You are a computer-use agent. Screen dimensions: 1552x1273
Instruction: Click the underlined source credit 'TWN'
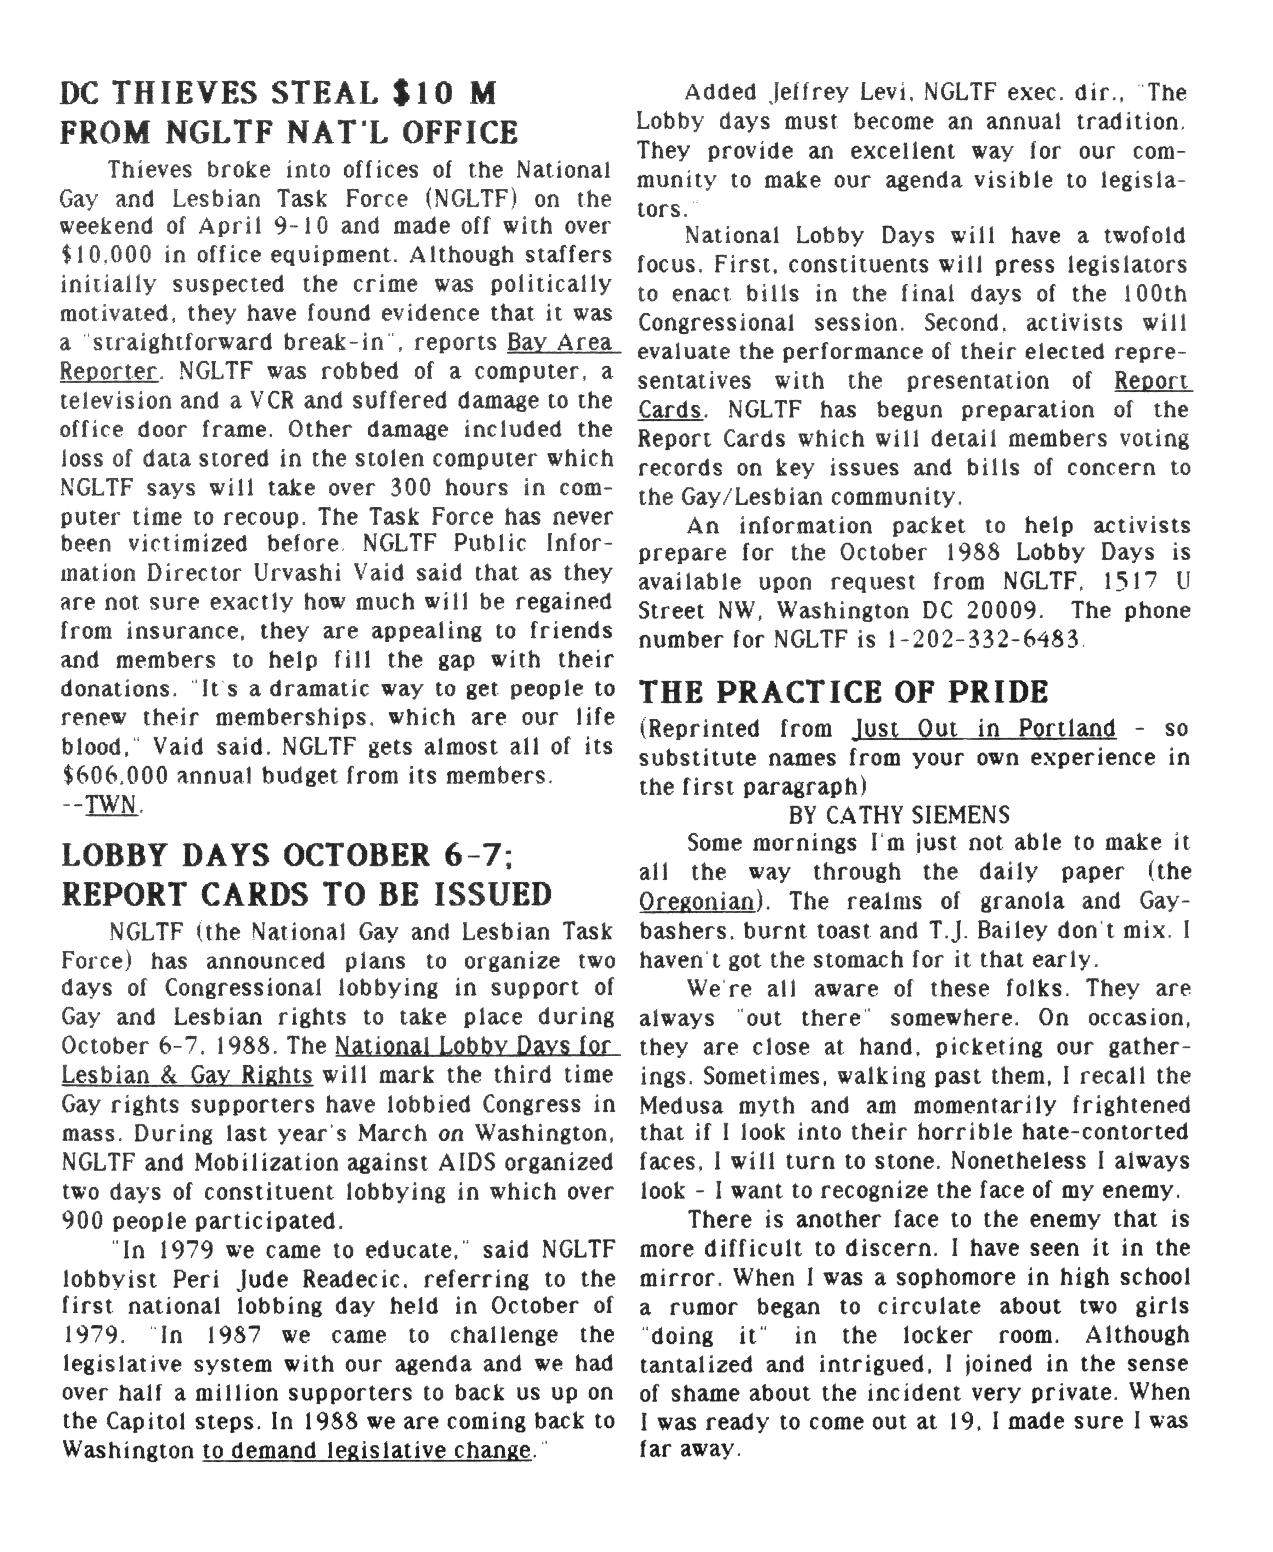112,805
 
